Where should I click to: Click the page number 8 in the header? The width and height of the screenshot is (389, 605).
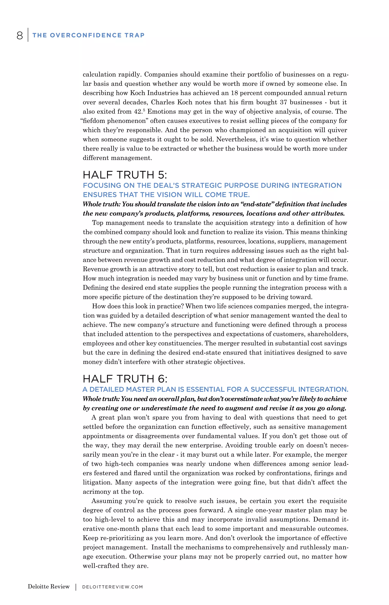20,35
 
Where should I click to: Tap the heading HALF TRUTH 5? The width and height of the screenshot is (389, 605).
125,175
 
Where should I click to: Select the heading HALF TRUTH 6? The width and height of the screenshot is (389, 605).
125,379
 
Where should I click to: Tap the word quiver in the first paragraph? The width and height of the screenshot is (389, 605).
337,130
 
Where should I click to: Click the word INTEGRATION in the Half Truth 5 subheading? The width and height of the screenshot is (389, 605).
316,185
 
